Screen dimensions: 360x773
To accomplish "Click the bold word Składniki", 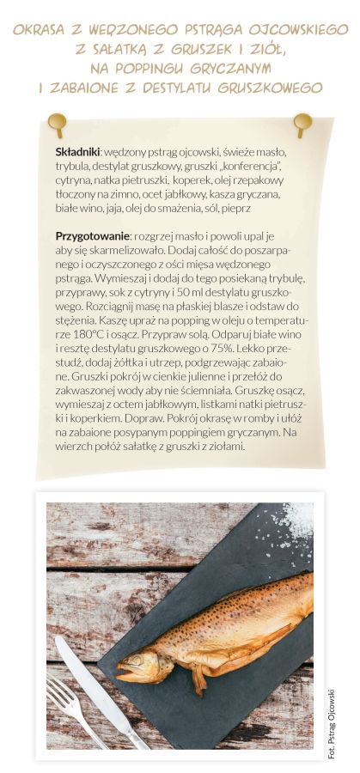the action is [x=78, y=150].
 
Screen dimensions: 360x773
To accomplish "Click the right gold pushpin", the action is [x=302, y=123].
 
